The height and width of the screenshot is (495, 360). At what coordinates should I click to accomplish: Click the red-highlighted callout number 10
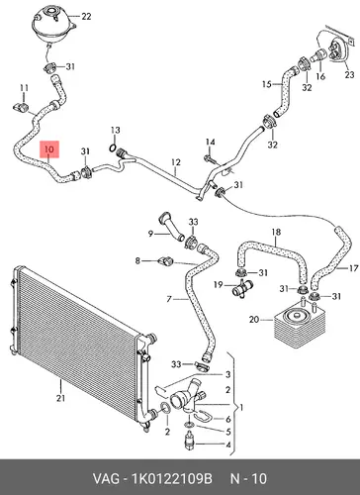click(49, 149)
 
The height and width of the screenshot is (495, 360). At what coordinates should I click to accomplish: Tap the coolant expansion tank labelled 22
click(53, 24)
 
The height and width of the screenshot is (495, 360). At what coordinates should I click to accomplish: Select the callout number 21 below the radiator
click(60, 398)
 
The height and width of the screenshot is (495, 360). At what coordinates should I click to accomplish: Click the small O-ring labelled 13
click(113, 148)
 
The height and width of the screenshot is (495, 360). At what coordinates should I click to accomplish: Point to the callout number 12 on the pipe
click(176, 162)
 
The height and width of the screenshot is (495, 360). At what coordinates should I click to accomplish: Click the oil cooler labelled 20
click(300, 326)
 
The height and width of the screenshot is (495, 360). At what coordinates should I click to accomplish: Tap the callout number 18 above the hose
click(276, 232)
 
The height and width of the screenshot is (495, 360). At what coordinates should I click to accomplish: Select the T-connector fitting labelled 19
click(242, 288)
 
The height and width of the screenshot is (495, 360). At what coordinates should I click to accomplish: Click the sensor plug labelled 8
click(165, 260)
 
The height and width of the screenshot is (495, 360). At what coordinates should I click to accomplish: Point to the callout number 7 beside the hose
click(169, 299)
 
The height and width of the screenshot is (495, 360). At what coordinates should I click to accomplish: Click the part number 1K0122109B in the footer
click(172, 479)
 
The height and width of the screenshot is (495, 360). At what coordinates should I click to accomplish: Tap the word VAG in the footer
click(106, 479)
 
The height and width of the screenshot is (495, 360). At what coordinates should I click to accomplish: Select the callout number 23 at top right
click(349, 74)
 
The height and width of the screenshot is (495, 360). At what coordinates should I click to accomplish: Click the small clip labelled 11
click(21, 107)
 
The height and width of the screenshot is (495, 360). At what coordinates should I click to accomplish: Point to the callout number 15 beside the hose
click(267, 84)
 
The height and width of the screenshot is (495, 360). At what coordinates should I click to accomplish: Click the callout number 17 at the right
click(353, 268)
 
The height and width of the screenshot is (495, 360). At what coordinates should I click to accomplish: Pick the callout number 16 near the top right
click(320, 76)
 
